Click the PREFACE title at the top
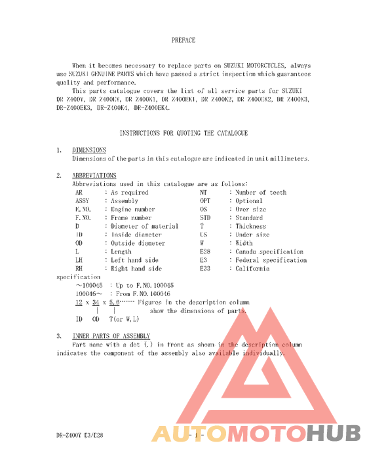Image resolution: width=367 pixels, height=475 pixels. [x=183, y=40]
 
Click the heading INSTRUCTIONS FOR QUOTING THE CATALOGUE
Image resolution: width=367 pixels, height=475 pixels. [x=183, y=133]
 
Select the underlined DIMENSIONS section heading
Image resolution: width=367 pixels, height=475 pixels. [x=89, y=150]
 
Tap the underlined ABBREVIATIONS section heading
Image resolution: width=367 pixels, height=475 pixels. [x=94, y=176]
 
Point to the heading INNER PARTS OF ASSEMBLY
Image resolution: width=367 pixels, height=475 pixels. [x=106, y=336]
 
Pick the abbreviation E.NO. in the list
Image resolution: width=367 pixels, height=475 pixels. [x=85, y=209]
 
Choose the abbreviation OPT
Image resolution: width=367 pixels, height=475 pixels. [x=205, y=200]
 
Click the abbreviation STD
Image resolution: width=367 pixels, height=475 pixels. [x=205, y=218]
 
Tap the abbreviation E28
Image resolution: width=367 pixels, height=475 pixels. [x=205, y=252]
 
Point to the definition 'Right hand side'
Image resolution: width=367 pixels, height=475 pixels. [x=136, y=269]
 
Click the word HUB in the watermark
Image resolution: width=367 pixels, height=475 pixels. [x=333, y=433]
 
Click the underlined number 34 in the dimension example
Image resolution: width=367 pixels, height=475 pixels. [x=96, y=303]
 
